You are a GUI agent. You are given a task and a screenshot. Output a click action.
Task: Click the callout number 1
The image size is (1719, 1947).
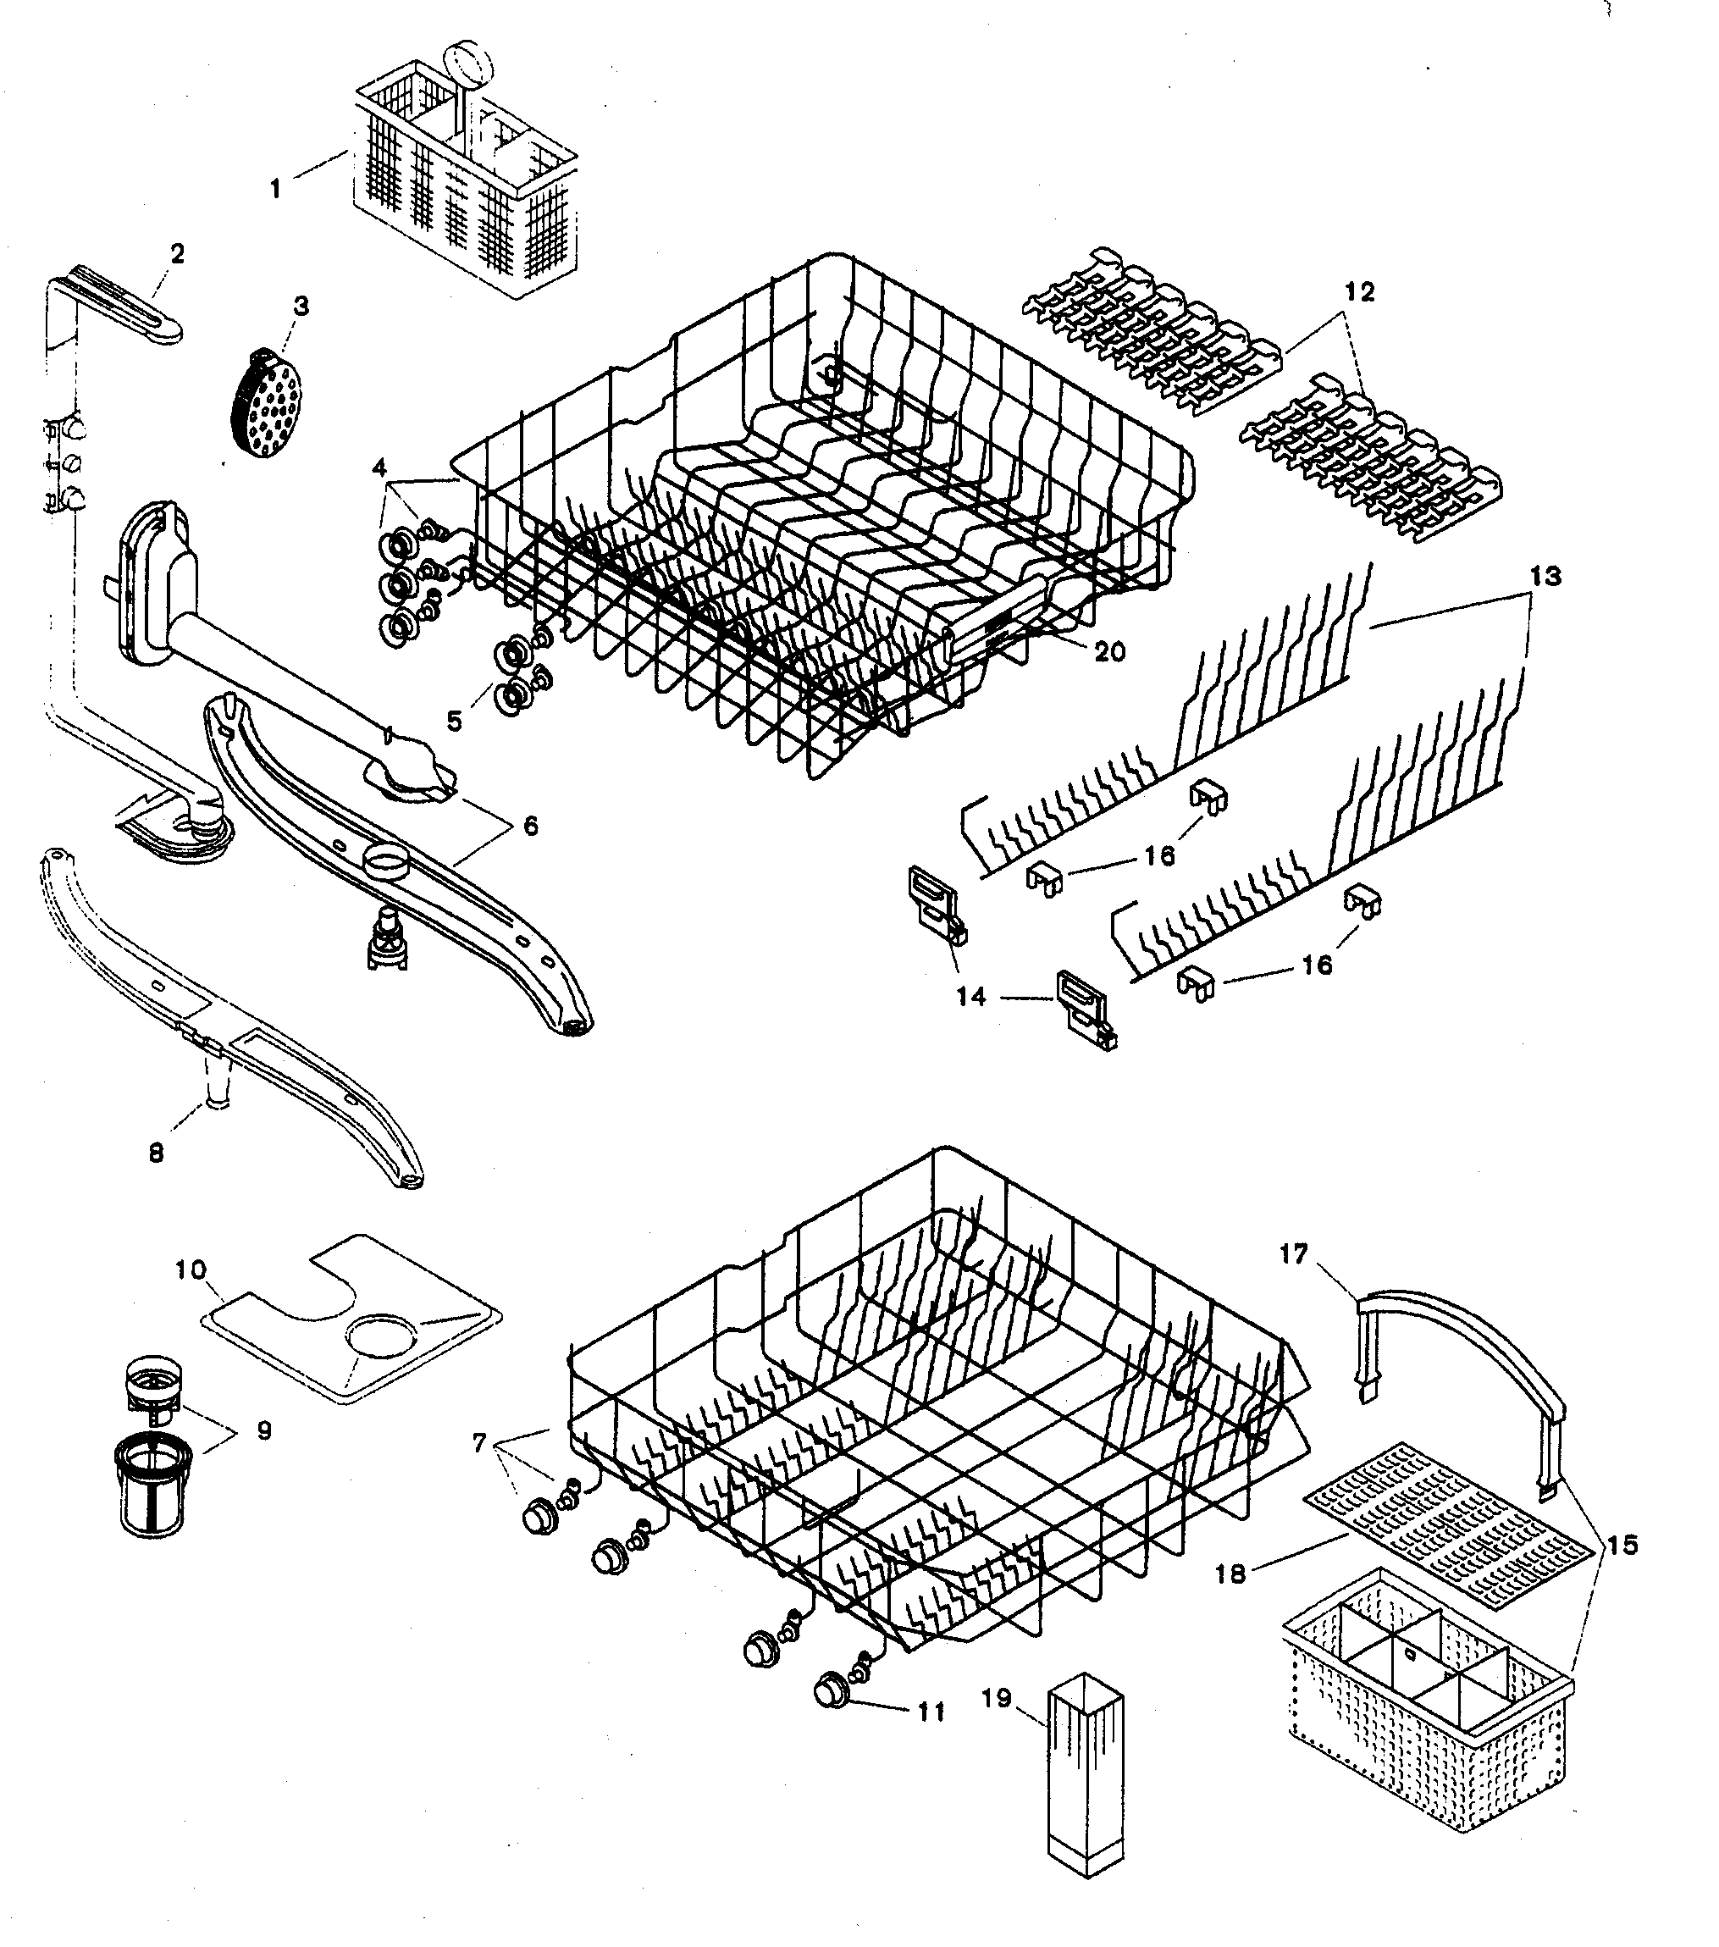275,189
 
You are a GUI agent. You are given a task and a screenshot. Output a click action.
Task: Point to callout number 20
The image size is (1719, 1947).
1109,651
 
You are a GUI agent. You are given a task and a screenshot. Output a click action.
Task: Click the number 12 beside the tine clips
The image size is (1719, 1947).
1360,292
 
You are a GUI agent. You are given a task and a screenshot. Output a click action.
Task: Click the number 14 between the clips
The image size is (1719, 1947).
970,996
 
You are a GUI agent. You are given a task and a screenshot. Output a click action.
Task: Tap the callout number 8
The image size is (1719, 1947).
156,1153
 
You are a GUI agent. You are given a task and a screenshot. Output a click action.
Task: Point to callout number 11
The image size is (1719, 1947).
931,1712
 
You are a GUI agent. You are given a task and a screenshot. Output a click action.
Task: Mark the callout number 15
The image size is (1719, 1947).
1622,1545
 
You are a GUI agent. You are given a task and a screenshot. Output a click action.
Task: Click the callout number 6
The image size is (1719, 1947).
530,826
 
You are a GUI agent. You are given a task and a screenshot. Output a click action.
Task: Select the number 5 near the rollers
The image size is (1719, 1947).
454,721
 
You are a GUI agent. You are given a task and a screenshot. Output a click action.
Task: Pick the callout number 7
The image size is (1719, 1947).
479,1443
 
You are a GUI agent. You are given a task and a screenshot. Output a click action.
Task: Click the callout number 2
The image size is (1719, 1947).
177,254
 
